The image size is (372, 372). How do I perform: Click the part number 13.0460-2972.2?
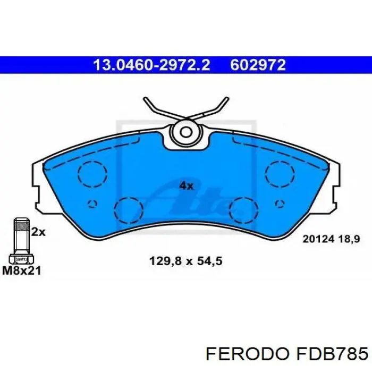pyautogui.click(x=151, y=65)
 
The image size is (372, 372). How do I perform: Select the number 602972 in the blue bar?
pyautogui.click(x=258, y=65)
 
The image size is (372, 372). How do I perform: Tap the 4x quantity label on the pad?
pyautogui.click(x=186, y=186)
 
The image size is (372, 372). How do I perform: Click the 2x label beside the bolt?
pyautogui.click(x=38, y=232)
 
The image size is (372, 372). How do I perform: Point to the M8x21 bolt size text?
pyautogui.click(x=22, y=270)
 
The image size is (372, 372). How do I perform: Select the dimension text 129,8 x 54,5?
pyautogui.click(x=186, y=261)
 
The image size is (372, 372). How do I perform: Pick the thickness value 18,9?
pyautogui.click(x=349, y=239)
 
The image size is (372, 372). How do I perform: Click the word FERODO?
pyautogui.click(x=248, y=354)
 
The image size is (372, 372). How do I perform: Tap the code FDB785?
pyautogui.click(x=331, y=354)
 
